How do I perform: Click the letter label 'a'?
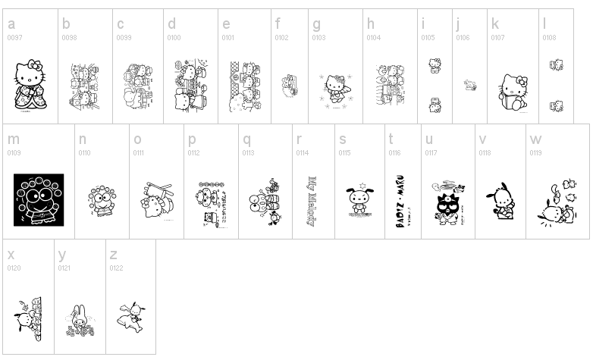click(x=11, y=24)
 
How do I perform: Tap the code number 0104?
click(x=373, y=37)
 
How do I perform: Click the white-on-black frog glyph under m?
click(x=39, y=200)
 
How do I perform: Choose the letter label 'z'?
click(x=113, y=255)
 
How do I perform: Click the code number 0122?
click(x=117, y=268)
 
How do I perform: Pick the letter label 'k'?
click(x=494, y=24)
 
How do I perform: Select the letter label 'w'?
click(x=536, y=139)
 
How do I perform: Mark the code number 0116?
click(x=394, y=152)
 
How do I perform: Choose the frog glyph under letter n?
click(x=99, y=202)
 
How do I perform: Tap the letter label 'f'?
click(x=278, y=24)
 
